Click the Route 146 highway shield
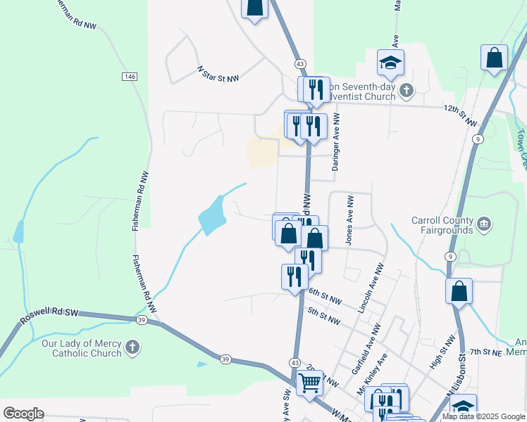(x=129, y=76)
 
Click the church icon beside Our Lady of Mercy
(x=132, y=347)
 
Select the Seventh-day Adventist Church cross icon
(x=406, y=90)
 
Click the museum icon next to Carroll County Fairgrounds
(x=484, y=224)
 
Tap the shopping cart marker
(x=309, y=383)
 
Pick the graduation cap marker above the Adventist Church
(x=390, y=64)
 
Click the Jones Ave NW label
(x=349, y=220)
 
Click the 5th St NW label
(x=325, y=316)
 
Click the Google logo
(x=23, y=414)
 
